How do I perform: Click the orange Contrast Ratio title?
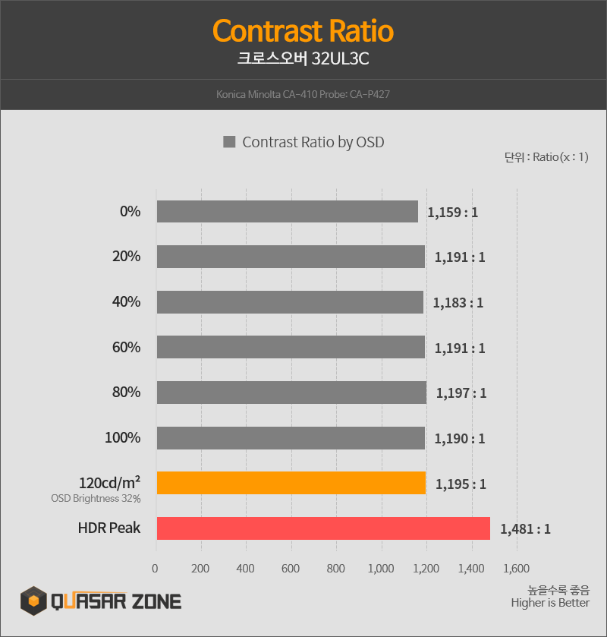point(303,32)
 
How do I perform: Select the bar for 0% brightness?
point(287,212)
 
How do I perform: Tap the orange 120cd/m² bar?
point(291,483)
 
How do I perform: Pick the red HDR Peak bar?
point(323,528)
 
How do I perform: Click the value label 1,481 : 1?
point(525,528)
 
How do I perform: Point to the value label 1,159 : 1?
point(452,213)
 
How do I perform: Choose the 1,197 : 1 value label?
point(461,393)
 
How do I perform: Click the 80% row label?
point(126,393)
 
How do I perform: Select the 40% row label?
point(126,302)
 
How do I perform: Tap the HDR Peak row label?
point(109,528)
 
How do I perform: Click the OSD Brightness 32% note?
point(96,499)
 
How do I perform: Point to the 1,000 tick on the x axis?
point(381,567)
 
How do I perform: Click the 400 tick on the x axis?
point(245,567)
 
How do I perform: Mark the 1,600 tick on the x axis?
point(516,567)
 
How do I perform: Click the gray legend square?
point(229,142)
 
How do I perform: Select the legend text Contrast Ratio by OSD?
point(313,142)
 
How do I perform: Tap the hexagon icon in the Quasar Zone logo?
point(33,602)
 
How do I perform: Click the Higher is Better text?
point(549,603)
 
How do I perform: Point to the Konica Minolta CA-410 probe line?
point(303,95)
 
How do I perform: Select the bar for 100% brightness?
point(291,438)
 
